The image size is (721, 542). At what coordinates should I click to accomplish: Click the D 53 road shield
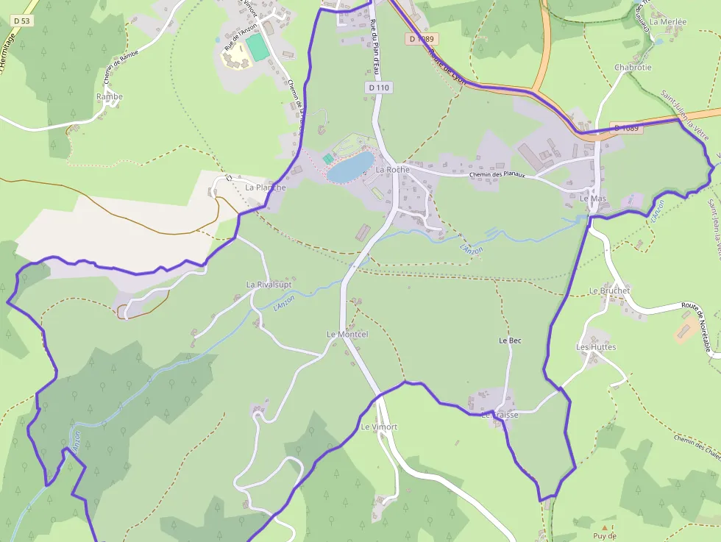click(x=21, y=21)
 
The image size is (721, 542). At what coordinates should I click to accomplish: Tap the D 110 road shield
click(x=378, y=88)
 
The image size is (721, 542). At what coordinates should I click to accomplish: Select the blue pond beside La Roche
click(x=350, y=168)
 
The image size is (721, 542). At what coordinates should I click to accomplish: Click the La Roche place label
click(x=392, y=170)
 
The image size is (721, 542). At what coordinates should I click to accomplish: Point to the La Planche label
click(x=265, y=188)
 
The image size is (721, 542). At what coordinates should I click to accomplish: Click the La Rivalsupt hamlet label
click(x=269, y=285)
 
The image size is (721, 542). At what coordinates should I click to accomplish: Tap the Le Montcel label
click(x=347, y=335)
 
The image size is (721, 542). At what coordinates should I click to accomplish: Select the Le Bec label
click(x=510, y=340)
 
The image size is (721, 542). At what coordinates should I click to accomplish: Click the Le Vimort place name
click(x=379, y=427)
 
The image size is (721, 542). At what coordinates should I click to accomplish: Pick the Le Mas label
click(x=592, y=199)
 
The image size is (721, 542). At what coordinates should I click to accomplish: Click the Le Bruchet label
click(x=609, y=291)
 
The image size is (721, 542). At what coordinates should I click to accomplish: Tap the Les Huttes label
click(x=596, y=347)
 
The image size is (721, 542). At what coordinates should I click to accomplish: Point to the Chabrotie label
click(x=633, y=68)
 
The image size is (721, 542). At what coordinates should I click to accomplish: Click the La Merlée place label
click(x=667, y=22)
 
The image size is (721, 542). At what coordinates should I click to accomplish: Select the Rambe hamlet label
click(x=109, y=97)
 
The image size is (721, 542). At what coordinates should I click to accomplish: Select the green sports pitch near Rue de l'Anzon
click(x=257, y=48)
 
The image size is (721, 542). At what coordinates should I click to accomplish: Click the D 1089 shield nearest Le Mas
click(x=626, y=128)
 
